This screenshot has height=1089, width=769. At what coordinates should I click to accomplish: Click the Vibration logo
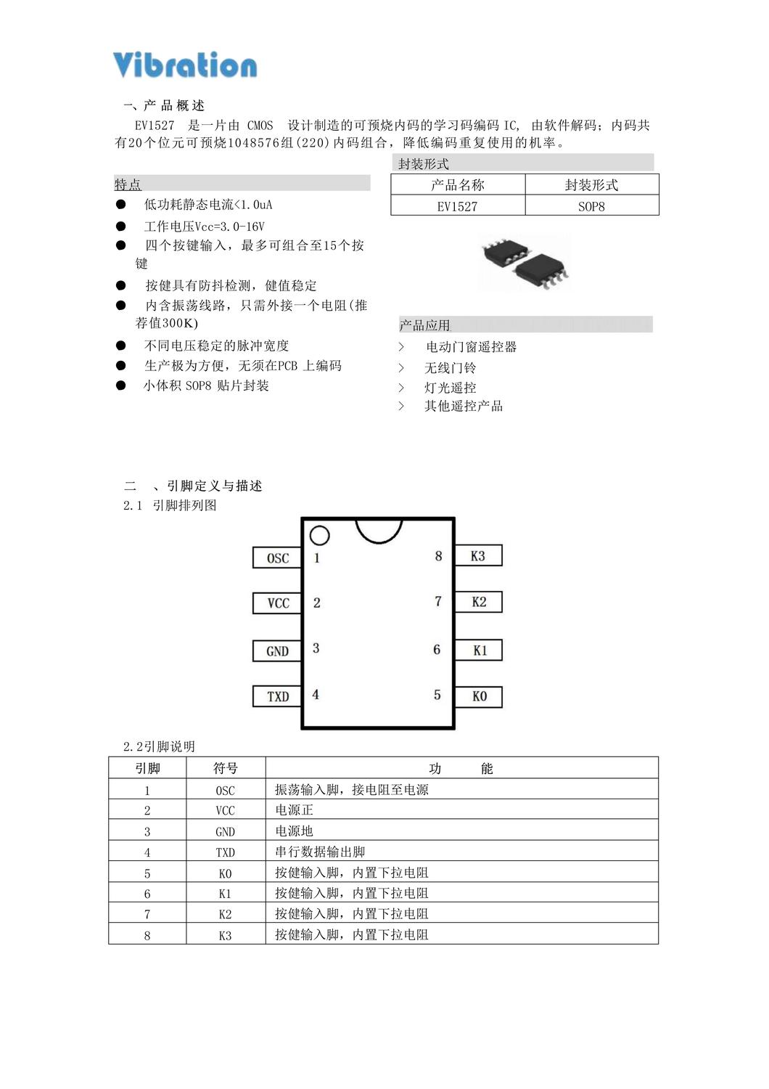click(x=185, y=65)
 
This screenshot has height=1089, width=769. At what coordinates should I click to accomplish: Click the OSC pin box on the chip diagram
click(x=277, y=558)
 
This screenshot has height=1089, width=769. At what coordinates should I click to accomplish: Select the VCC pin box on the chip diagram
click(x=277, y=603)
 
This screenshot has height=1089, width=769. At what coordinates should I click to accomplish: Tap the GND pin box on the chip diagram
click(x=277, y=650)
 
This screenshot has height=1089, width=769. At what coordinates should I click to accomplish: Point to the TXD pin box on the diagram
click(x=277, y=696)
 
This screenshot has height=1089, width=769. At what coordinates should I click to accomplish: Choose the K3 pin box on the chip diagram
click(x=478, y=556)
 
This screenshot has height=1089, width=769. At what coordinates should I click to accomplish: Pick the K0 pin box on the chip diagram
click(x=479, y=696)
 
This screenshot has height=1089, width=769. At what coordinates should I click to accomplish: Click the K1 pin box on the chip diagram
click(x=479, y=650)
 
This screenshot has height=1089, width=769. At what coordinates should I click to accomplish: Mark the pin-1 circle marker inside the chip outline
click(x=319, y=536)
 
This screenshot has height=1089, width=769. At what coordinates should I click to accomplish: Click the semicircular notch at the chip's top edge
click(x=379, y=529)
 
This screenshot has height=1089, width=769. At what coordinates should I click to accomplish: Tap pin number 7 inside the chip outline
click(x=437, y=601)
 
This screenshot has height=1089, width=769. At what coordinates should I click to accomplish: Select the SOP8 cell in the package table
click(x=591, y=206)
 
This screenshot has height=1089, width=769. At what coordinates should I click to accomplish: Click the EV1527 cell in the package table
click(x=457, y=206)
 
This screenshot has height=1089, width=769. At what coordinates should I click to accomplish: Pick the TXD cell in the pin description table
click(x=225, y=852)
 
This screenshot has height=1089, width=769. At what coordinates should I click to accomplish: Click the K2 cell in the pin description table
click(x=225, y=914)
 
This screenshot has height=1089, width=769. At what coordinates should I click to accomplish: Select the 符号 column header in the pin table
click(x=225, y=768)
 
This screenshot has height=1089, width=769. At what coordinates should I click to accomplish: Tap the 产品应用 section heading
click(x=425, y=325)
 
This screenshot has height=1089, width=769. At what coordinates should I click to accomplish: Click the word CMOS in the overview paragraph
click(x=260, y=126)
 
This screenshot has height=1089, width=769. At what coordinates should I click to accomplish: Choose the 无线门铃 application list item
click(x=450, y=368)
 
